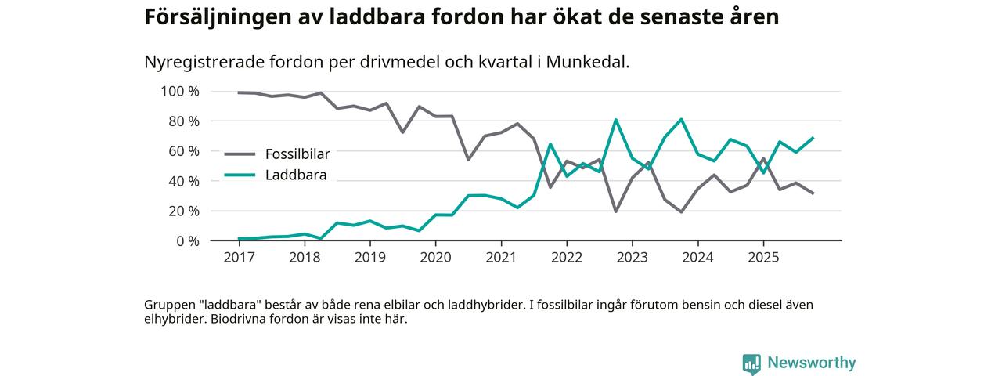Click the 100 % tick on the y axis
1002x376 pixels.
coord(180,92)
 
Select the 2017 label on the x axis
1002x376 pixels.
coord(240,257)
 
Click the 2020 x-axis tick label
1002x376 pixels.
coord(436,257)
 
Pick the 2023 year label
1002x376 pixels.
coord(633,257)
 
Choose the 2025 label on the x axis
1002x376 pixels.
coord(763,257)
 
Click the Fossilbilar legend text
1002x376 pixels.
coord(297,154)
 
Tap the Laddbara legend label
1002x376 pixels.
coord(295,175)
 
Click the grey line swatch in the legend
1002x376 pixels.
coord(240,154)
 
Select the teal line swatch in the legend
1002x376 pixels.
coord(240,175)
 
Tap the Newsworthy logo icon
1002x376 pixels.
coord(751,363)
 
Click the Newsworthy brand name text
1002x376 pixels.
coord(812,363)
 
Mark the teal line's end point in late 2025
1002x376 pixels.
coord(813,138)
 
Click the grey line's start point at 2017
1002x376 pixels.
coord(240,92)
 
